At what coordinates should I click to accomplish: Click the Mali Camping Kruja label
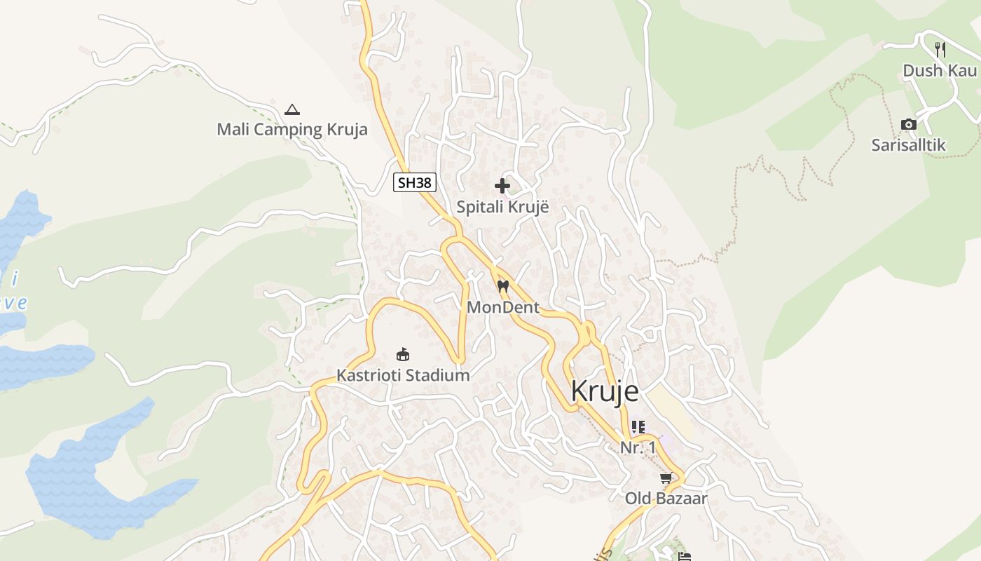[291, 130]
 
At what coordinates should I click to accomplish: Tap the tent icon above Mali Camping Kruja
[292, 109]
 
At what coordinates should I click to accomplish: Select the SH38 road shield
[414, 183]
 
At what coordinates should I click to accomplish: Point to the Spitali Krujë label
[502, 208]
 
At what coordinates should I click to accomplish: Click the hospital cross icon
[502, 186]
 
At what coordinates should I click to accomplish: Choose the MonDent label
[503, 307]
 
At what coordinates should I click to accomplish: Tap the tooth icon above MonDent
[502, 286]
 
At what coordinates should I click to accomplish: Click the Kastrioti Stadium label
[403, 375]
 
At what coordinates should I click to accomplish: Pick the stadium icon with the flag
[403, 354]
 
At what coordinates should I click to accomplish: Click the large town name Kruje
[605, 391]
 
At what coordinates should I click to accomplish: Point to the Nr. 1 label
[638, 447]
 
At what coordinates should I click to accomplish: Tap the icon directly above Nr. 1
[638, 426]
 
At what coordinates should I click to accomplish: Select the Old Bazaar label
[666, 499]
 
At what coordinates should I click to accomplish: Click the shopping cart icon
[666, 478]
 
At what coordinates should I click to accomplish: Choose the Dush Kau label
[939, 71]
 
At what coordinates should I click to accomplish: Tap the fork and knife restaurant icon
[940, 49]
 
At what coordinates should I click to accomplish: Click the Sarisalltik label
[908, 145]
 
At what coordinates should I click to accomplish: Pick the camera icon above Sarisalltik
[909, 125]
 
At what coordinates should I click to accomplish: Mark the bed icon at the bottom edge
[685, 556]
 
